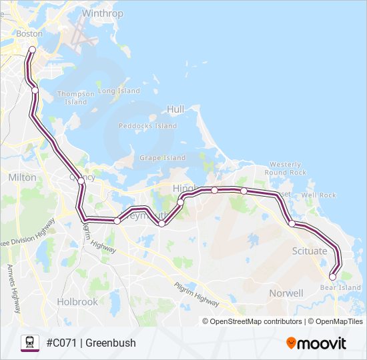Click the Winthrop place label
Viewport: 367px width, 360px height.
[103, 13]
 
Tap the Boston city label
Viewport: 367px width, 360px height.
[29, 33]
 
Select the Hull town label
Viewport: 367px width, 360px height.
[175, 109]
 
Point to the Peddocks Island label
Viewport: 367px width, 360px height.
[147, 125]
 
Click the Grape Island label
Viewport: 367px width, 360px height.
[162, 157]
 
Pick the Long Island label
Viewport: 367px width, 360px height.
[119, 91]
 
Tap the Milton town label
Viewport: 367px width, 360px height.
[22, 177]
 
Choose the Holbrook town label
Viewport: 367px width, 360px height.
[77, 301]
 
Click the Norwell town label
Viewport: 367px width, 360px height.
[286, 293]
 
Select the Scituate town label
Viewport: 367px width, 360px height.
[310, 251]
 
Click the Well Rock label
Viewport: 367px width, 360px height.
[318, 195]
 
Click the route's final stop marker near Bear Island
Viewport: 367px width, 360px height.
[332, 277]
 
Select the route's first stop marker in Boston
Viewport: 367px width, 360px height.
[32, 49]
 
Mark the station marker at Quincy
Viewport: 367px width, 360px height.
[81, 181]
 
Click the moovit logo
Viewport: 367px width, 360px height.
[316, 343]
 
